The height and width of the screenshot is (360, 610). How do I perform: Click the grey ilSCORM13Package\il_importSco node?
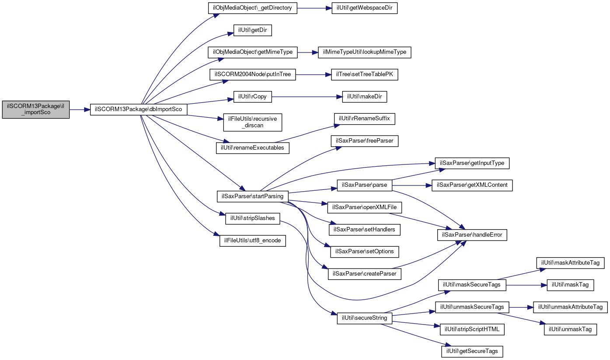[36, 109]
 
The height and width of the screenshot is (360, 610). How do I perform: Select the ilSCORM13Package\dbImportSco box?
[138, 109]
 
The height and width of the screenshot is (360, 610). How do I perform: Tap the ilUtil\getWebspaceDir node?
[364, 8]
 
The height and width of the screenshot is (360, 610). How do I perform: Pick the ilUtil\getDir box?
[252, 30]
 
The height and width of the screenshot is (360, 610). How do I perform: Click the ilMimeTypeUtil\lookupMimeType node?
[364, 52]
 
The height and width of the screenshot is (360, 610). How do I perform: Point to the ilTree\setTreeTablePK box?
[364, 75]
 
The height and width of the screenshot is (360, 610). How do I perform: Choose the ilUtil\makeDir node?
[364, 97]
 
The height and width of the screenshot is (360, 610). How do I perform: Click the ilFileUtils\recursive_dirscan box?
[252, 122]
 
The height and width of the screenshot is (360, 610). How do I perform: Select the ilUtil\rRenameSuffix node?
[364, 119]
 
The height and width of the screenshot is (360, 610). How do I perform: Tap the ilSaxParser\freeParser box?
[364, 141]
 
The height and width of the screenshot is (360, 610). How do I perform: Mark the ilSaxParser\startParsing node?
[252, 196]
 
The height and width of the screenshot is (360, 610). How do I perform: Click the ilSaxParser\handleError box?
[472, 235]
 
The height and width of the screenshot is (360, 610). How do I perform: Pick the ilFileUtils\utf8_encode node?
[252, 241]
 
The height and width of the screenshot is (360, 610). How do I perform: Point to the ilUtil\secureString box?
[364, 318]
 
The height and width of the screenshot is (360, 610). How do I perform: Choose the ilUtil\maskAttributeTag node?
[570, 263]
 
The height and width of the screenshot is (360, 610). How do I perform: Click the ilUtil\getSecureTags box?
[472, 351]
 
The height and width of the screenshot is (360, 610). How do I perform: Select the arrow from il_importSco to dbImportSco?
[80, 110]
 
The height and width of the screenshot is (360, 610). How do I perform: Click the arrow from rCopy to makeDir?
[307, 97]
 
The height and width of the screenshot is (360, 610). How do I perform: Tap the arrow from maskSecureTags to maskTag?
[526, 285]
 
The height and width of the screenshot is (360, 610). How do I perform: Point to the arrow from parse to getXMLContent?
[412, 185]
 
